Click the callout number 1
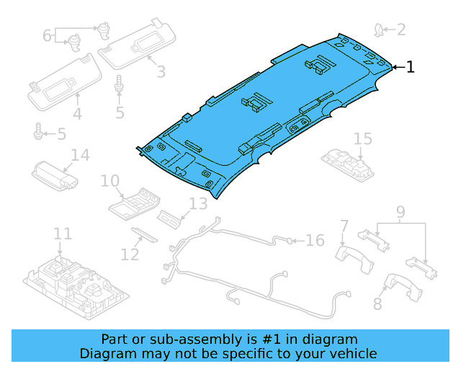pyautogui.click(x=411, y=67)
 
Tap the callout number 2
pyautogui.click(x=400, y=30)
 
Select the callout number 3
pyautogui.click(x=160, y=71)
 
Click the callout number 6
pyautogui.click(x=48, y=35)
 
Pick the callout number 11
pyautogui.click(x=63, y=234)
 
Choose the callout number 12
pyautogui.click(x=130, y=254)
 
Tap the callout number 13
pyautogui.click(x=197, y=204)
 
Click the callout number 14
pyautogui.click(x=79, y=155)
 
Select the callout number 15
pyautogui.click(x=362, y=138)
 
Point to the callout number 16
pyautogui.click(x=315, y=240)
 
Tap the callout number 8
pyautogui.click(x=378, y=303)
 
